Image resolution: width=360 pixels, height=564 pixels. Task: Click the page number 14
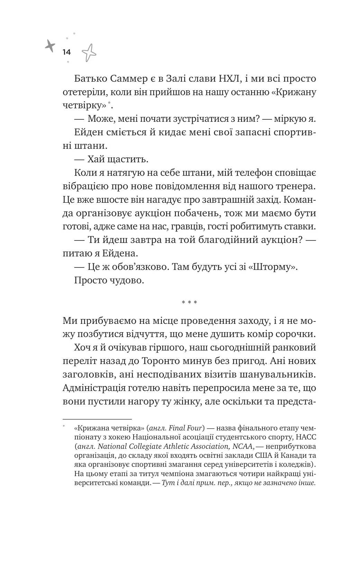point(66,52)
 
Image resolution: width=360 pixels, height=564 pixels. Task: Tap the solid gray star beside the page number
point(50,46)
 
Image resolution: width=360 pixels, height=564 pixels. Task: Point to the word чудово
point(126,280)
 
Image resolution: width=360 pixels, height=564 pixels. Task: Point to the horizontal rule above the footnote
point(97,419)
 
